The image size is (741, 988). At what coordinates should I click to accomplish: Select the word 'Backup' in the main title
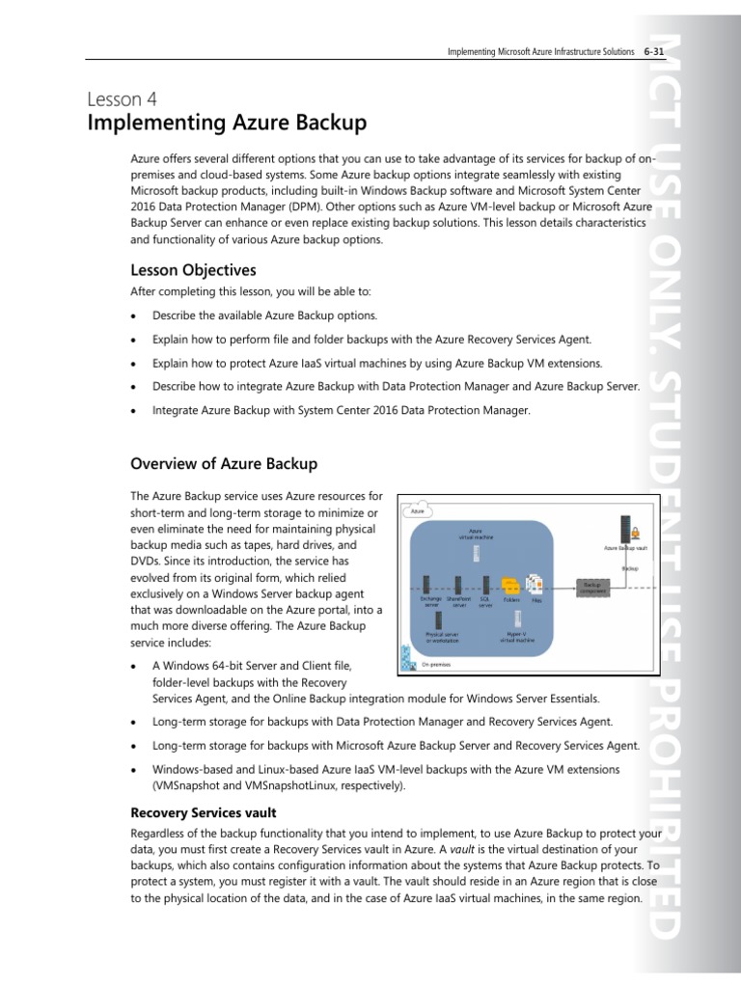[320, 123]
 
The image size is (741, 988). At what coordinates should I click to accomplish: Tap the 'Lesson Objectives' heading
[193, 269]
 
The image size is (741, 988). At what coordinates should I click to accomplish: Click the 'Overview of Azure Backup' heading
[224, 464]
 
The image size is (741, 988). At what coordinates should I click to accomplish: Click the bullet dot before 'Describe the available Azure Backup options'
[133, 316]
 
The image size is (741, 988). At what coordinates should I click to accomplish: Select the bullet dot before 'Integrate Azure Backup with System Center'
[133, 410]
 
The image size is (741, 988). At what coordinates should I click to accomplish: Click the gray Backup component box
[591, 586]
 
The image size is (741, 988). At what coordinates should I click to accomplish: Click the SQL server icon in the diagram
[486, 585]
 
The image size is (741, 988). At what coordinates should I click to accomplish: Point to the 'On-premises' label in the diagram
[436, 664]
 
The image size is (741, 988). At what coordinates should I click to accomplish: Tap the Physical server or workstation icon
[440, 619]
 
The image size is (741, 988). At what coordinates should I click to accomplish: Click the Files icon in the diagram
[535, 585]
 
